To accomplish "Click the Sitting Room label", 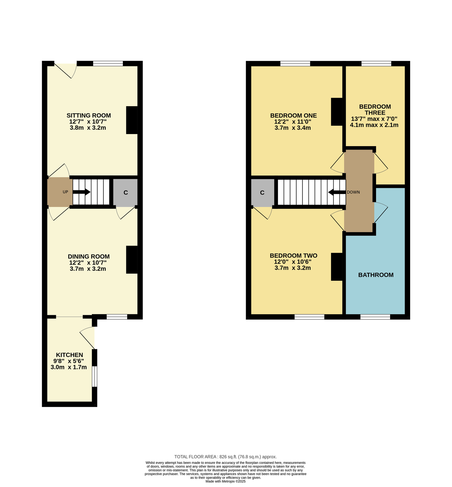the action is coord(89,115).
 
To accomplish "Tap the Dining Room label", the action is coord(89,256).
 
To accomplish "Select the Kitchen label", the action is coord(69,355).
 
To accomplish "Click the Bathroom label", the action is coord(376,275).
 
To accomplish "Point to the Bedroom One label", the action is coord(294,115).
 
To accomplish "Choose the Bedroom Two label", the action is coord(294,256).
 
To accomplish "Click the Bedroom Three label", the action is coord(375,109).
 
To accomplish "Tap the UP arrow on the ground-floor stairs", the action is coord(82,192).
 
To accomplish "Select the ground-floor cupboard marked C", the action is coord(125,192).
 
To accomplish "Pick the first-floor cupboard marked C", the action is coord(262,192).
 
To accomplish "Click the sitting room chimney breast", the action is coord(132,120).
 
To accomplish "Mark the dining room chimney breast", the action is coord(132,260).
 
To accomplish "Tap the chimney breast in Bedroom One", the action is coord(337,111).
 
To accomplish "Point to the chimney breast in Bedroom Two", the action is coord(337,267).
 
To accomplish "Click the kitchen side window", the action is coord(95,376).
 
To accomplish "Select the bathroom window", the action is coord(375,317).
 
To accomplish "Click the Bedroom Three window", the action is coord(376,63).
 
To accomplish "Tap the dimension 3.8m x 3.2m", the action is coord(88,128).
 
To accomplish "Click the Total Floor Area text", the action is coord(225,457).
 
